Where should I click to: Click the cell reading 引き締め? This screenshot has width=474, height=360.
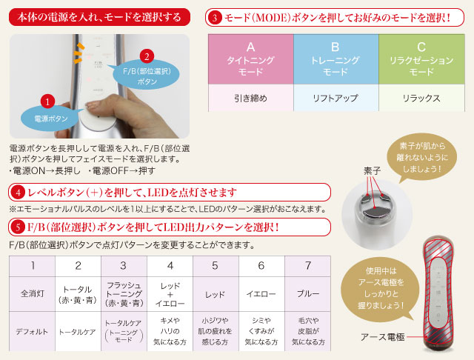coord(250,97)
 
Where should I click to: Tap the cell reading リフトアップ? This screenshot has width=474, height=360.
coord(336,97)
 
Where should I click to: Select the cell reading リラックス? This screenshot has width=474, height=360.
coord(421,97)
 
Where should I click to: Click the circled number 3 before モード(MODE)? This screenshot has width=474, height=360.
coord(215,16)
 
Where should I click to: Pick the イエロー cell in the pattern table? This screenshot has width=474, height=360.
coord(261,293)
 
